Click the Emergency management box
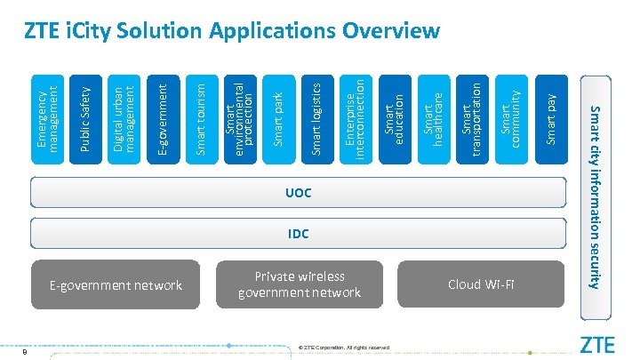(48, 118)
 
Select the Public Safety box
(85, 118)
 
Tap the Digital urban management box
(124, 118)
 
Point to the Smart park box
(278, 118)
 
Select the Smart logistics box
(316, 118)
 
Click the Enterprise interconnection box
(355, 118)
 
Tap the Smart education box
(394, 118)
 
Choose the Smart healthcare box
(432, 118)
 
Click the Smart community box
(509, 118)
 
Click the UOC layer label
(298, 193)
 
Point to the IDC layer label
(298, 235)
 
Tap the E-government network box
(115, 285)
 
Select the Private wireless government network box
(299, 285)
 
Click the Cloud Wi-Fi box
(481, 285)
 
